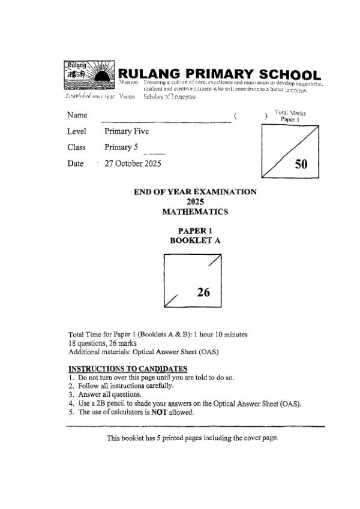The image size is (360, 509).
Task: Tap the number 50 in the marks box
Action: (301, 165)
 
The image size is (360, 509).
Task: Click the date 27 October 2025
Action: (133, 163)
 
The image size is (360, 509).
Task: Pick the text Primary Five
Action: (127, 131)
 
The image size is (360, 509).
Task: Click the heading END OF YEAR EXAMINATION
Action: (195, 192)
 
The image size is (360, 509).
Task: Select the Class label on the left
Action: (77, 147)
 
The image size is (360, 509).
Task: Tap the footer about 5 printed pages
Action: (193, 438)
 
